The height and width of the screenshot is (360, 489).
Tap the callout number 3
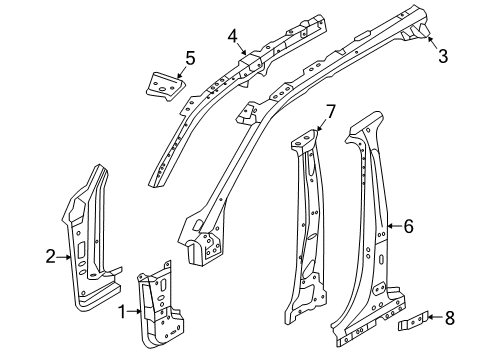pos(442,56)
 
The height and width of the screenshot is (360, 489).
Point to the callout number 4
pos(232,37)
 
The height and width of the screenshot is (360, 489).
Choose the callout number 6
pos(407,226)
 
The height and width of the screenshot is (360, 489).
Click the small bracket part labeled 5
pos(164,84)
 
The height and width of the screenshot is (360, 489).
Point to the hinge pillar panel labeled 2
pos(90,240)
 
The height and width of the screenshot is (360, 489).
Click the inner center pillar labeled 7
pos(310,230)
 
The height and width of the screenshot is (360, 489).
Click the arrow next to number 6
pos(392,226)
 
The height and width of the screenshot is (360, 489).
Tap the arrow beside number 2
pos(68,257)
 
